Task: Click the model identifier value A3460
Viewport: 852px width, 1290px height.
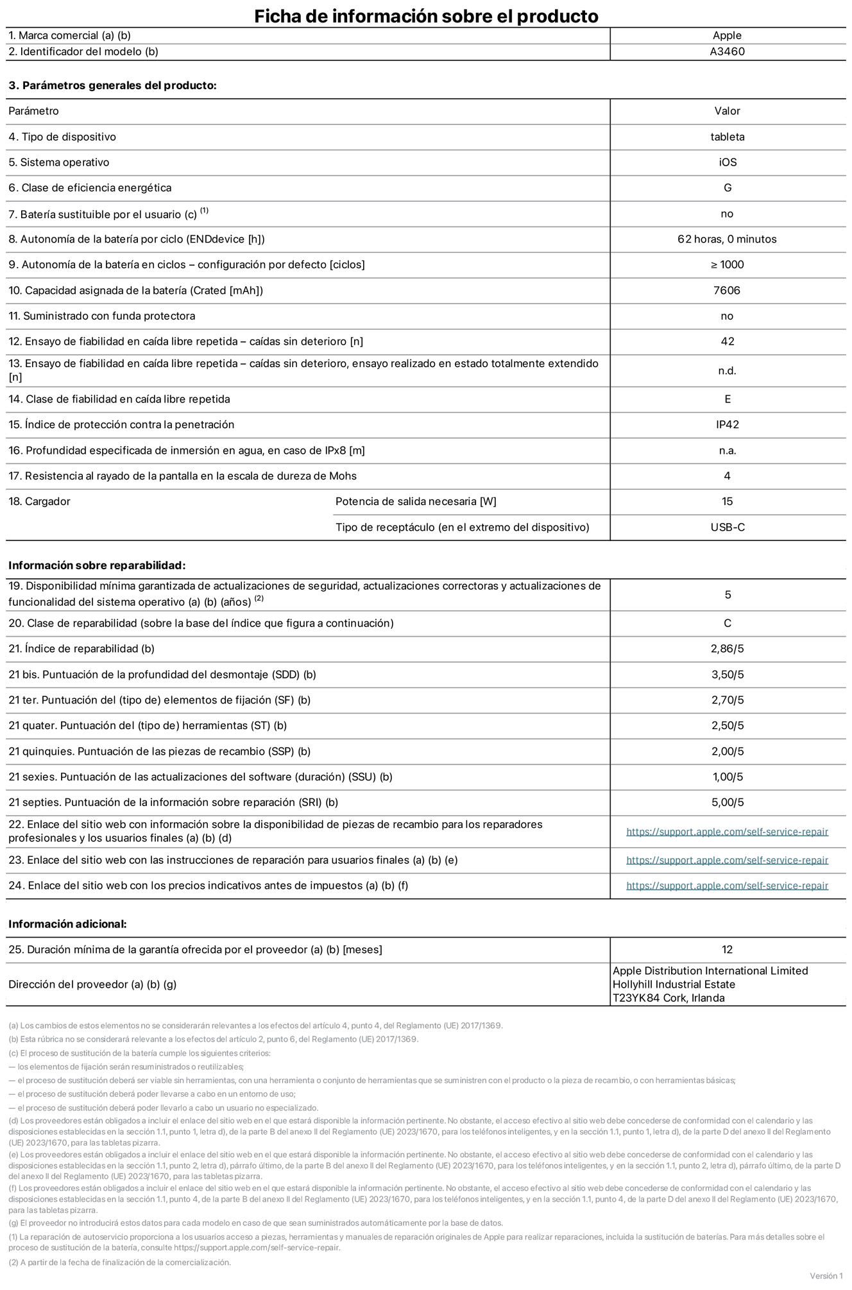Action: point(727,52)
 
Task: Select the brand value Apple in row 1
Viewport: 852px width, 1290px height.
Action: point(727,36)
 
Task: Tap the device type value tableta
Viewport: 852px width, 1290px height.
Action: point(727,137)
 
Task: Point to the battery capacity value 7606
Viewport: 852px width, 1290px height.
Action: point(727,291)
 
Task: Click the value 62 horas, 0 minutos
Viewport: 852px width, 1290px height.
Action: point(727,239)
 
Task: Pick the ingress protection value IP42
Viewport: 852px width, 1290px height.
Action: point(727,425)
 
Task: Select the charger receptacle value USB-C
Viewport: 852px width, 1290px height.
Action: point(727,528)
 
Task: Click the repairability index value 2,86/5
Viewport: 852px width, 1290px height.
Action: point(727,649)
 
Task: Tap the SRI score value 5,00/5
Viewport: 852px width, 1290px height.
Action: point(727,803)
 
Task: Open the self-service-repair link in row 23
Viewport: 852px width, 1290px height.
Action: point(727,861)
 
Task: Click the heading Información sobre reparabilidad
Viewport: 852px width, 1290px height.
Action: point(97,565)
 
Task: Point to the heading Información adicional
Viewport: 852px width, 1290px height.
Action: point(67,924)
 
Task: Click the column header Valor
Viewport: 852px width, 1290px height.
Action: point(727,111)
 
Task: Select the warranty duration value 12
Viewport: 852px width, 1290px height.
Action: point(727,950)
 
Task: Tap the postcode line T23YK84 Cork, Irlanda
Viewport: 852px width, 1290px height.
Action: point(669,998)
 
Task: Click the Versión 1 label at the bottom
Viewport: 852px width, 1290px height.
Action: point(826,1276)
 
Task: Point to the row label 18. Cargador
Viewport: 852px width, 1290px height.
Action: point(40,502)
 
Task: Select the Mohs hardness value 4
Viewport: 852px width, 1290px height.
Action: point(727,476)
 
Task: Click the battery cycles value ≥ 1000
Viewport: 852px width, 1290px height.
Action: point(727,265)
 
